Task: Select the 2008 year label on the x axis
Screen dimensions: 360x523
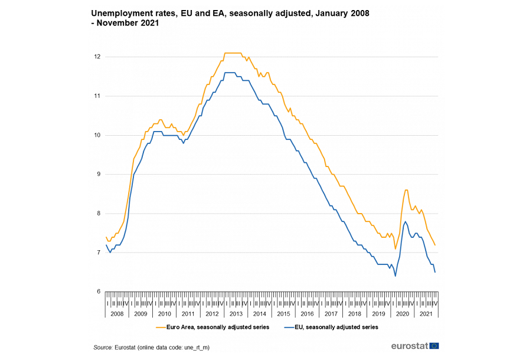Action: pos(117,314)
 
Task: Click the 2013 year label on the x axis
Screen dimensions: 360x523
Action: pos(236,314)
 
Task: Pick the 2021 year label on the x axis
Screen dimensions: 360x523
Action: pos(425,314)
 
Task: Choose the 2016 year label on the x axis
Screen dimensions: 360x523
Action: pos(306,314)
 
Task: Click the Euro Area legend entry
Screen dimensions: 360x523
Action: pos(218,326)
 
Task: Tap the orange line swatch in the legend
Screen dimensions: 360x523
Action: pos(161,326)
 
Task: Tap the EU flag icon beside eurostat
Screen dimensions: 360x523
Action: pos(434,346)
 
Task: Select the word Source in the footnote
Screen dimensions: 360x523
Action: pos(103,348)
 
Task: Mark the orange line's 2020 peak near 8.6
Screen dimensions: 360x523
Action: pos(406,190)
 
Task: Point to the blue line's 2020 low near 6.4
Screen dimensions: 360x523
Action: pos(395,276)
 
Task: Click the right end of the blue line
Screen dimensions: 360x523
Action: pos(435,272)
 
